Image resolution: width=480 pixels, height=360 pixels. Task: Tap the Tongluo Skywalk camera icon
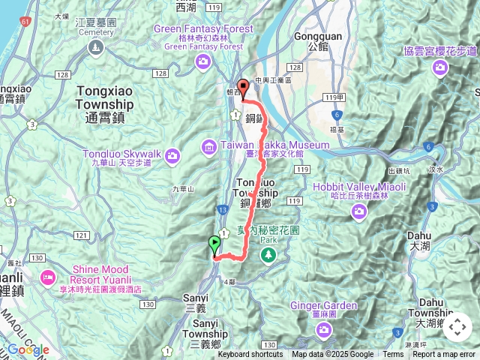(x=172, y=156)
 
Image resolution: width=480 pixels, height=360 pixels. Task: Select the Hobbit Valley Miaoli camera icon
(x=361, y=213)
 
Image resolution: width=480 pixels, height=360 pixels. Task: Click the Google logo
(x=28, y=349)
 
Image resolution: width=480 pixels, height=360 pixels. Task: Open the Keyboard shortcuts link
(x=250, y=355)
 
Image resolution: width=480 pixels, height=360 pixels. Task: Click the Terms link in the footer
(x=393, y=355)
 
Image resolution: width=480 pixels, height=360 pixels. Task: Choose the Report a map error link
(x=445, y=355)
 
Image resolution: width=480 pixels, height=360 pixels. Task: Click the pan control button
(x=457, y=328)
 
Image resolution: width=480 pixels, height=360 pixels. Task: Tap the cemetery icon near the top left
(x=95, y=49)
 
